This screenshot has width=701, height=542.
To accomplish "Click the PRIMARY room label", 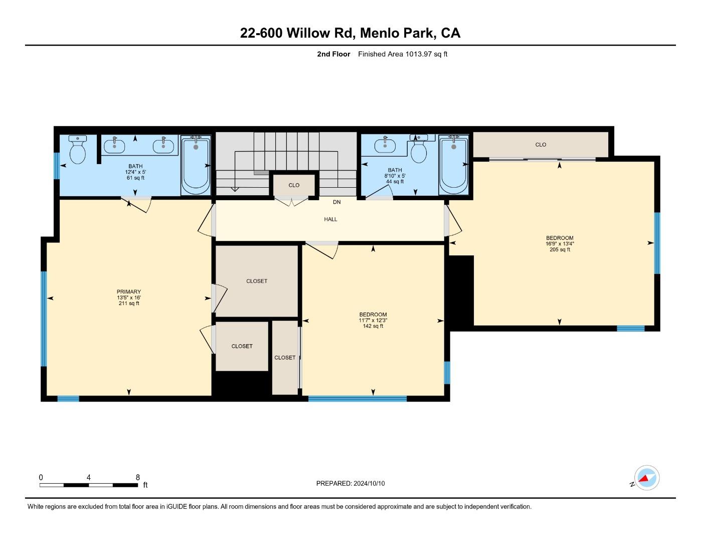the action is pos(129,292).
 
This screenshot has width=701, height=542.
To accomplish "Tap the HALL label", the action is pos(330,219).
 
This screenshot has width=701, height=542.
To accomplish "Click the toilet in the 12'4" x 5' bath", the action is pos(78,149).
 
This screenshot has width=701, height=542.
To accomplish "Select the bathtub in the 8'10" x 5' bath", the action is pos(454,165).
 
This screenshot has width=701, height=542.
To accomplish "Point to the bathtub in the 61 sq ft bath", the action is pos(196,165).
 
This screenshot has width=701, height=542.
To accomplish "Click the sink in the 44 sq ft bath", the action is pos(385,145).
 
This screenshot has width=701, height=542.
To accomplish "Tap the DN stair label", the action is pos(337,202).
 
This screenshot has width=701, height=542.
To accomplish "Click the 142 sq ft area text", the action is pos(373,326).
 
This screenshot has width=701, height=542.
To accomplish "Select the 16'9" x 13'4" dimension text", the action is pos(560,244).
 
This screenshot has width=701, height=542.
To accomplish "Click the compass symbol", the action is pos(646,478).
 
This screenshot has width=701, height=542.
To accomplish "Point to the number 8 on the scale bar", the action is pos(138,477).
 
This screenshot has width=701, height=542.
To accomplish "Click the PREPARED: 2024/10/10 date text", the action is pos(350,483).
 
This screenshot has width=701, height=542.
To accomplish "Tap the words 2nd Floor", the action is pos(333,54).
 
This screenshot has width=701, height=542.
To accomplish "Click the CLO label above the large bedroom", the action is pos(541,145).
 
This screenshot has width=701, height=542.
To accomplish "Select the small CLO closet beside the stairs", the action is pos(294,185).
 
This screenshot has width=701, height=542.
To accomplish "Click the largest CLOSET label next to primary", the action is pos(257,281).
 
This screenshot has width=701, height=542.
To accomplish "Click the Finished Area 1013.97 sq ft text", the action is pos(403,54).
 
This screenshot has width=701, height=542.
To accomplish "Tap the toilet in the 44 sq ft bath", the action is pos(419,149).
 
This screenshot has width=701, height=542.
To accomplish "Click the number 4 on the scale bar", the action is pos(89,477).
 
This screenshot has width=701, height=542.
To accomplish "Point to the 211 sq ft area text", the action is pos(129,303).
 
